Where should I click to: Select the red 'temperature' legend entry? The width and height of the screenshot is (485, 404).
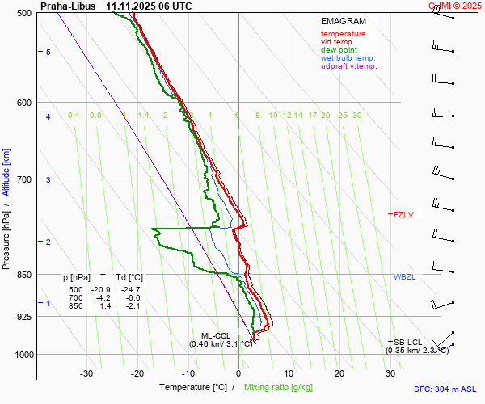(x=343, y=34)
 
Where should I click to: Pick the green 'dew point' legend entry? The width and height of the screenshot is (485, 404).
(x=339, y=50)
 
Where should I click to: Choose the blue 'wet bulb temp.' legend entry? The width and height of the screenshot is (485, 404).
(x=348, y=58)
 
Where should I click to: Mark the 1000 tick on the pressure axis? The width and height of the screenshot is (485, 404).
(x=24, y=355)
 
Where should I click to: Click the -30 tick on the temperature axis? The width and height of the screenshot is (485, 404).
(x=86, y=373)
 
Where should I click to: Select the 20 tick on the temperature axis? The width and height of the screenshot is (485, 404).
(x=339, y=373)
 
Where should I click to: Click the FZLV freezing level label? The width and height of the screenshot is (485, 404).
(x=403, y=214)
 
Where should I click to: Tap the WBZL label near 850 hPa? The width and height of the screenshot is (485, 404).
(x=403, y=277)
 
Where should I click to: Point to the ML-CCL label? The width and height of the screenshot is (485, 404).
(x=216, y=335)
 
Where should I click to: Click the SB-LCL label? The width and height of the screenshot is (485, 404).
(x=409, y=342)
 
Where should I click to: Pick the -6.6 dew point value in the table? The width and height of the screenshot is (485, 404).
(x=132, y=298)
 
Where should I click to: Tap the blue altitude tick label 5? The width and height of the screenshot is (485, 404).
(x=48, y=53)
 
